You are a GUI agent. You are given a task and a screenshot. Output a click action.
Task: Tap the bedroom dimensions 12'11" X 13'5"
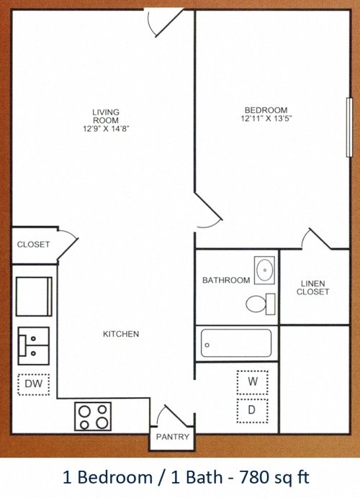[x=266, y=119]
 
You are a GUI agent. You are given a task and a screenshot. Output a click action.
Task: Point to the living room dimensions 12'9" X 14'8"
[x=106, y=129]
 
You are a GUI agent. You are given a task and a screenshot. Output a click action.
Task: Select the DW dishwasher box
[x=33, y=384]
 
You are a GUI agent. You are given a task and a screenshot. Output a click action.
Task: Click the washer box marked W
[x=252, y=381]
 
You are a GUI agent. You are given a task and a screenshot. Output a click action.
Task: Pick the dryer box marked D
[x=252, y=411]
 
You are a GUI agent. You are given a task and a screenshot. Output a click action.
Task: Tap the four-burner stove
[x=93, y=416]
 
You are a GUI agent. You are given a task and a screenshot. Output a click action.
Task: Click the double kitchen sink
[x=34, y=346]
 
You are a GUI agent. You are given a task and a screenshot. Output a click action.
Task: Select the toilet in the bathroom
[x=261, y=304]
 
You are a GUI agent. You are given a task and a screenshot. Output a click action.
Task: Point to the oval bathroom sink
[x=264, y=270]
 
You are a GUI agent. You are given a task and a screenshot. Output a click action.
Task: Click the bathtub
[x=236, y=343]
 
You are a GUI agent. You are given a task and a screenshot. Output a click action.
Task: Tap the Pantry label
[x=173, y=437]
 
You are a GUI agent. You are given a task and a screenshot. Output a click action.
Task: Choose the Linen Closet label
[x=312, y=287]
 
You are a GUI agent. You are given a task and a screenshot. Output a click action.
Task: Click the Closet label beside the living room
[x=33, y=245]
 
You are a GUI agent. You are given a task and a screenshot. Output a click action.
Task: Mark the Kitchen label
[x=121, y=334]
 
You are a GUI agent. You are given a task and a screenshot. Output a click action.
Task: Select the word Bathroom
[x=226, y=280]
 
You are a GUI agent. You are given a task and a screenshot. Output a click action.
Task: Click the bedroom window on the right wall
[x=349, y=127]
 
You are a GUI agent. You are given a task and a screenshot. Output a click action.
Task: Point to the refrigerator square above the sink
[x=34, y=296]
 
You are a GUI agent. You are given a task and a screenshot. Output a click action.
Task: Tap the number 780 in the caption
[x=253, y=477]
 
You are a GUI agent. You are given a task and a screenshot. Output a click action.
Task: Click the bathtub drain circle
[x=207, y=345]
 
